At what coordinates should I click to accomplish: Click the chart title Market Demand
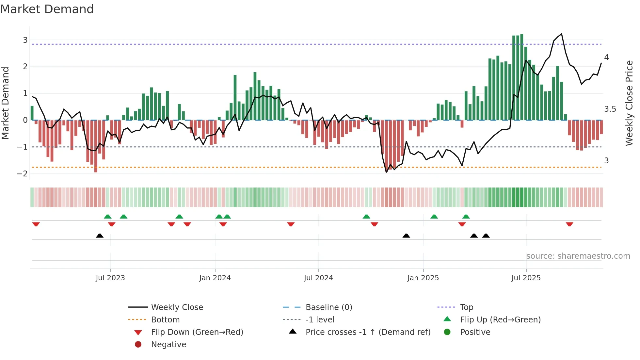tap(47, 9)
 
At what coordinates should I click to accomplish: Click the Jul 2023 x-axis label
tap(110, 278)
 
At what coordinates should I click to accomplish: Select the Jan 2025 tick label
tap(423, 278)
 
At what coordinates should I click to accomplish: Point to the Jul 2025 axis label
tap(526, 278)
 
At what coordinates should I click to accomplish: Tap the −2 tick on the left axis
tap(23, 173)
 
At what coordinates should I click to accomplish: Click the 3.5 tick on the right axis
tap(610, 109)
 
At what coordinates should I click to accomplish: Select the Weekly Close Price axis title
tap(629, 103)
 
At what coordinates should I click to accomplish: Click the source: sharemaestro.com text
tap(578, 256)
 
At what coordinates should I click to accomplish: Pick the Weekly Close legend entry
tap(177, 307)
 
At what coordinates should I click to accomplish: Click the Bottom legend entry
tap(165, 320)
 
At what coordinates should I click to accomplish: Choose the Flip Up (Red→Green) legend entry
tap(500, 320)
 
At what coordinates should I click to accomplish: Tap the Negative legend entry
tap(168, 345)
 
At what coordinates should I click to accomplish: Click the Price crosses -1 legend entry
tap(368, 332)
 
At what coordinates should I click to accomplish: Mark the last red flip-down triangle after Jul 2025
tap(569, 224)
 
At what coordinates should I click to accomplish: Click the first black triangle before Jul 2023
tap(100, 236)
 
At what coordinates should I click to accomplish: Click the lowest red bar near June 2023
tap(96, 147)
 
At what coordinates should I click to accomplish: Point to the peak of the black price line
tap(562, 34)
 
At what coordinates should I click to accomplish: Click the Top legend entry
tap(466, 307)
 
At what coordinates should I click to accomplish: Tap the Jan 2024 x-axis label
tap(215, 278)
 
